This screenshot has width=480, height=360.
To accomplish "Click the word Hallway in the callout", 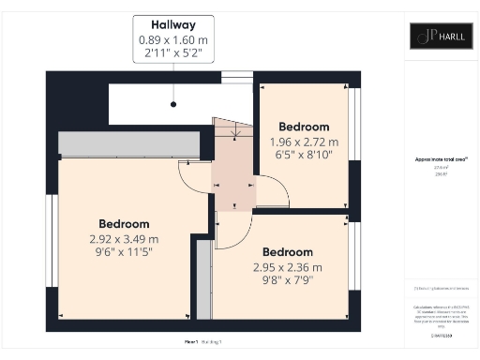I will pyautogui.click(x=173, y=27).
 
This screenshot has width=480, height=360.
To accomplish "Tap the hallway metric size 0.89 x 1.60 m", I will pyautogui.click(x=173, y=40).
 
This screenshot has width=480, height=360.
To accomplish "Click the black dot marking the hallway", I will pyautogui.click(x=173, y=104).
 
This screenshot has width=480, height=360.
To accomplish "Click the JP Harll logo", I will pyautogui.click(x=440, y=37).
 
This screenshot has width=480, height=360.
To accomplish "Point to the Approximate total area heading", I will pyautogui.click(x=441, y=160).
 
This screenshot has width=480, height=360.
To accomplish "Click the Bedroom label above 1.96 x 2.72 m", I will pyautogui.click(x=304, y=127).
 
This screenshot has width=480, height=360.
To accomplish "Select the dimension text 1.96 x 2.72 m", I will pyautogui.click(x=304, y=142).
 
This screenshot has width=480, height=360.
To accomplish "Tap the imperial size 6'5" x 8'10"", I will pyautogui.click(x=304, y=156).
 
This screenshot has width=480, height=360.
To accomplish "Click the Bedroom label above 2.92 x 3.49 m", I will pyautogui.click(x=124, y=224).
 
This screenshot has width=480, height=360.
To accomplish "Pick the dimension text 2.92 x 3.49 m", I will pyautogui.click(x=124, y=238).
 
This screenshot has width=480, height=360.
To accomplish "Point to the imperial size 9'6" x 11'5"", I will pyautogui.click(x=124, y=252).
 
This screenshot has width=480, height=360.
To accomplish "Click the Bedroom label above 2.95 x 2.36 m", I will pyautogui.click(x=287, y=252).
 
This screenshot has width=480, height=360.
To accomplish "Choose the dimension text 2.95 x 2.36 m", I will pyautogui.click(x=287, y=267).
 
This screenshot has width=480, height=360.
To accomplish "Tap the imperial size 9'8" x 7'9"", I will pyautogui.click(x=287, y=281).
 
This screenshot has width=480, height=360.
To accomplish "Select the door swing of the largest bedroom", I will pyautogui.click(x=196, y=176).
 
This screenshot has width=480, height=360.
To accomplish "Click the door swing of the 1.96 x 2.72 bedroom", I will pyautogui.click(x=272, y=191).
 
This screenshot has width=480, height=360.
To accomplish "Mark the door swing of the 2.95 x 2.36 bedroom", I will pyautogui.click(x=233, y=230).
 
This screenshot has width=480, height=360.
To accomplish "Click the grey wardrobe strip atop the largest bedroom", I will pyautogui.click(x=128, y=144).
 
